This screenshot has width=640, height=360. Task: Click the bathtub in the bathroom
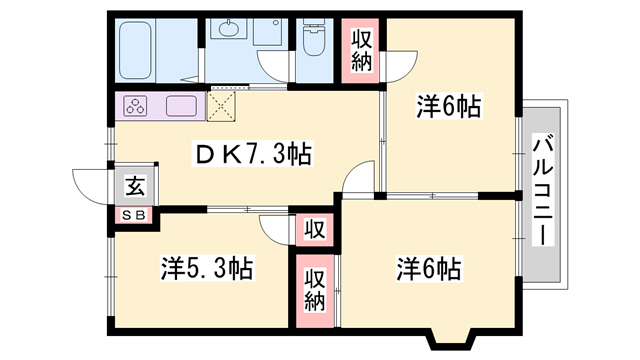click(136, 50)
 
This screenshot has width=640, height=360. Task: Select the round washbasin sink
click(228, 29)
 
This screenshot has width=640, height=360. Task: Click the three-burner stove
click(136, 106)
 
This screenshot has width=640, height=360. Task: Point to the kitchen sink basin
click(182, 106)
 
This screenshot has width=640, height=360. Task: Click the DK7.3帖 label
click(253, 155)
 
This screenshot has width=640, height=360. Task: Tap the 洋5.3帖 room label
click(207, 268)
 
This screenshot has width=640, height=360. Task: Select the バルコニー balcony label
click(544, 191)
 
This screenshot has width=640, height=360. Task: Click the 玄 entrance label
click(135, 186)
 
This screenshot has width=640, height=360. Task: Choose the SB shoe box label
click(134, 216)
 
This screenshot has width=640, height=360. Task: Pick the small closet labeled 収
click(315, 230)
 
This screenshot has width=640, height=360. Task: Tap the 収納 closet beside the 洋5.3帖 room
click(315, 291)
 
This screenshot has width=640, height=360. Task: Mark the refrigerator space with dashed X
click(221, 106)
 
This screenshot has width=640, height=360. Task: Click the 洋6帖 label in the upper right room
click(449, 107)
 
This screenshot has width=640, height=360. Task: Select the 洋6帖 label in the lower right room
click(429, 269)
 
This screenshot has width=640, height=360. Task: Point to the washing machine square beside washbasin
click(267, 31)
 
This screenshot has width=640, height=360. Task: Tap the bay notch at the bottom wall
click(451, 339)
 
